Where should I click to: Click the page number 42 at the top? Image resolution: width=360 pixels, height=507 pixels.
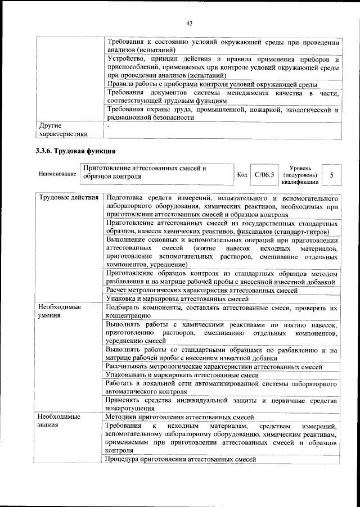(x=189, y=23)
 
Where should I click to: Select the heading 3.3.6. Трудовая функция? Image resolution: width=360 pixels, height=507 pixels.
(x=76, y=151)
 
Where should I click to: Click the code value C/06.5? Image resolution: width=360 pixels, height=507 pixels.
(x=264, y=175)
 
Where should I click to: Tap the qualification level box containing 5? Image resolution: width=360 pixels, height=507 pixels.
(x=332, y=175)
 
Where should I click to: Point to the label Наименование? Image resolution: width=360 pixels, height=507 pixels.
(x=58, y=175)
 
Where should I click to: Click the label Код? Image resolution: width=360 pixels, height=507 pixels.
(x=242, y=175)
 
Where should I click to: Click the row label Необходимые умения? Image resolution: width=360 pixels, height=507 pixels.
(x=60, y=312)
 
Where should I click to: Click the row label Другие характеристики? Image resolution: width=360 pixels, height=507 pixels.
(x=62, y=130)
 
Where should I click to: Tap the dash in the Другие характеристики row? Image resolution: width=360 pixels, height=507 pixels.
(x=108, y=126)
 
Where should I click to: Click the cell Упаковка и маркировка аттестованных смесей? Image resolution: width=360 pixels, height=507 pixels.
(x=177, y=298)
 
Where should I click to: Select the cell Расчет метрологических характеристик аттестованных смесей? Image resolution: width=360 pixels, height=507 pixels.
(x=202, y=289)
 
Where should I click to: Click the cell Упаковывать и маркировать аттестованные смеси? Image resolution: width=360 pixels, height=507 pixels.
(x=182, y=374)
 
